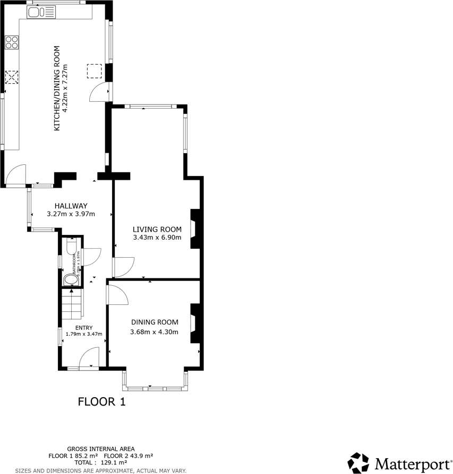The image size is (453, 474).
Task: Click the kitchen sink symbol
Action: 41,12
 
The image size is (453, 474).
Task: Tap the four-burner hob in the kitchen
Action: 12,41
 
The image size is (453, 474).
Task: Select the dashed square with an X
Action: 12,77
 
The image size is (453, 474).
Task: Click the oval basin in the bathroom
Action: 70,279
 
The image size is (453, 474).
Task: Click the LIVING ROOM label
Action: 157,229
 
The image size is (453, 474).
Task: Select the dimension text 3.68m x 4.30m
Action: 154,332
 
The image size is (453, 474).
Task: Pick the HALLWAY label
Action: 71,206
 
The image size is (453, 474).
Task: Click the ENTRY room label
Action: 84,328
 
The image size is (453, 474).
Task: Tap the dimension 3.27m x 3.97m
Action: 71,214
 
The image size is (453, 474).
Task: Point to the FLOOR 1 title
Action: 101,401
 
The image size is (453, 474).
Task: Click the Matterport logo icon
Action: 358,462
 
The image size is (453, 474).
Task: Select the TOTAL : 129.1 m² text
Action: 100,462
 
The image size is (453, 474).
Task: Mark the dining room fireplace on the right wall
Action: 194,323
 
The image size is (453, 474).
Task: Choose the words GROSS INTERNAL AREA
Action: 100,449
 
